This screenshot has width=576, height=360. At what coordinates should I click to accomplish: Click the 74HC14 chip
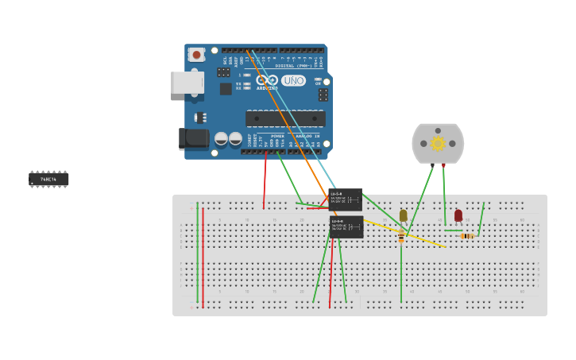coord(48,179)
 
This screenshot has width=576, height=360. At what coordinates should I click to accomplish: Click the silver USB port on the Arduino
coord(187,83)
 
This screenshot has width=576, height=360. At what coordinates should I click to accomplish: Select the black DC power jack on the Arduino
coord(193,138)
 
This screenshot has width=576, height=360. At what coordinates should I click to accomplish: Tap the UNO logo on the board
coord(293,80)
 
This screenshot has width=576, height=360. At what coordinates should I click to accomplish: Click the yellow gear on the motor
coord(438,144)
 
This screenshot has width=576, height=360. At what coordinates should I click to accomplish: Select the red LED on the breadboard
coord(458,215)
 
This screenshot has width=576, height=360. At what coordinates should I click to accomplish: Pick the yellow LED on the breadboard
coord(403,215)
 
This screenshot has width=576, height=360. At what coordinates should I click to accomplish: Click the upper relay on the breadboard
coord(346,199)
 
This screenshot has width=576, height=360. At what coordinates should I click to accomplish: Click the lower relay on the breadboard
coord(346,226)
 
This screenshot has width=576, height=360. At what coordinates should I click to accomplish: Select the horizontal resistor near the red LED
coord(467,236)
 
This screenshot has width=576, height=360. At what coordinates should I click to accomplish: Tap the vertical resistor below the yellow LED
coord(401,236)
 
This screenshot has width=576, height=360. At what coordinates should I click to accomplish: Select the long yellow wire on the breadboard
coord(405,234)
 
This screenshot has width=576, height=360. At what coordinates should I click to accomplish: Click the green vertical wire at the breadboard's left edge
coord(197,254)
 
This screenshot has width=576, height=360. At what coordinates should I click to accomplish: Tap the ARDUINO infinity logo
coord(266,80)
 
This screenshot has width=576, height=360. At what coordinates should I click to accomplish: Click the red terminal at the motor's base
coord(443,165)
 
